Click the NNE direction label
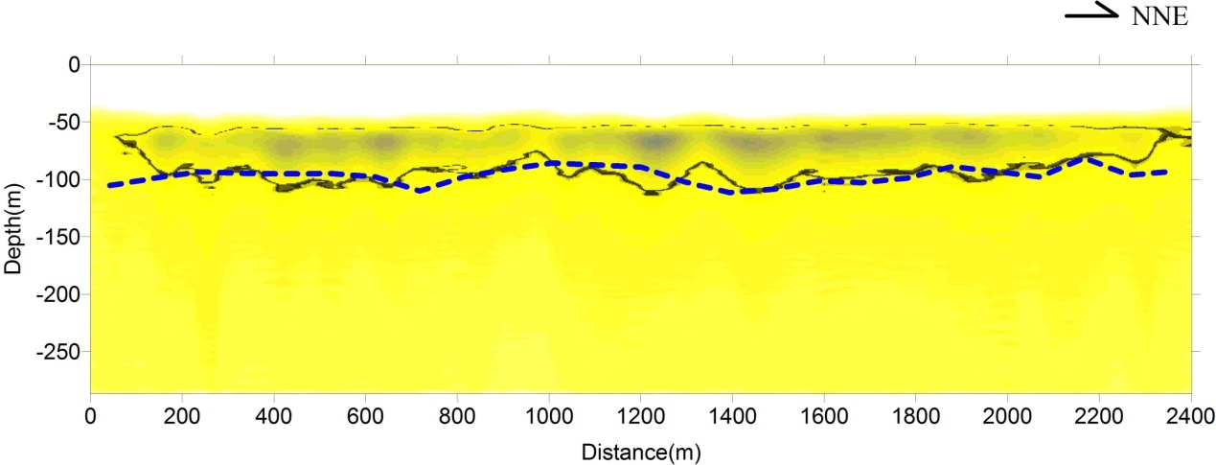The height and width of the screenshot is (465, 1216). click(1159, 17)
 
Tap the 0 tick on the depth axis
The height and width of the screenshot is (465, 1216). click(72, 64)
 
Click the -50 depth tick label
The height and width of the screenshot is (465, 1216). click(63, 122)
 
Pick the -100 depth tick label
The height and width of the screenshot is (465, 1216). click(59, 179)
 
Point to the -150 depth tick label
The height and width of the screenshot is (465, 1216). click(59, 237)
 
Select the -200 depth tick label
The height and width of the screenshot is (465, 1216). click(59, 294)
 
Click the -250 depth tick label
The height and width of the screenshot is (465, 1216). click(59, 352)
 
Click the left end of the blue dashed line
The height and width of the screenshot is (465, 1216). click(109, 185)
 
